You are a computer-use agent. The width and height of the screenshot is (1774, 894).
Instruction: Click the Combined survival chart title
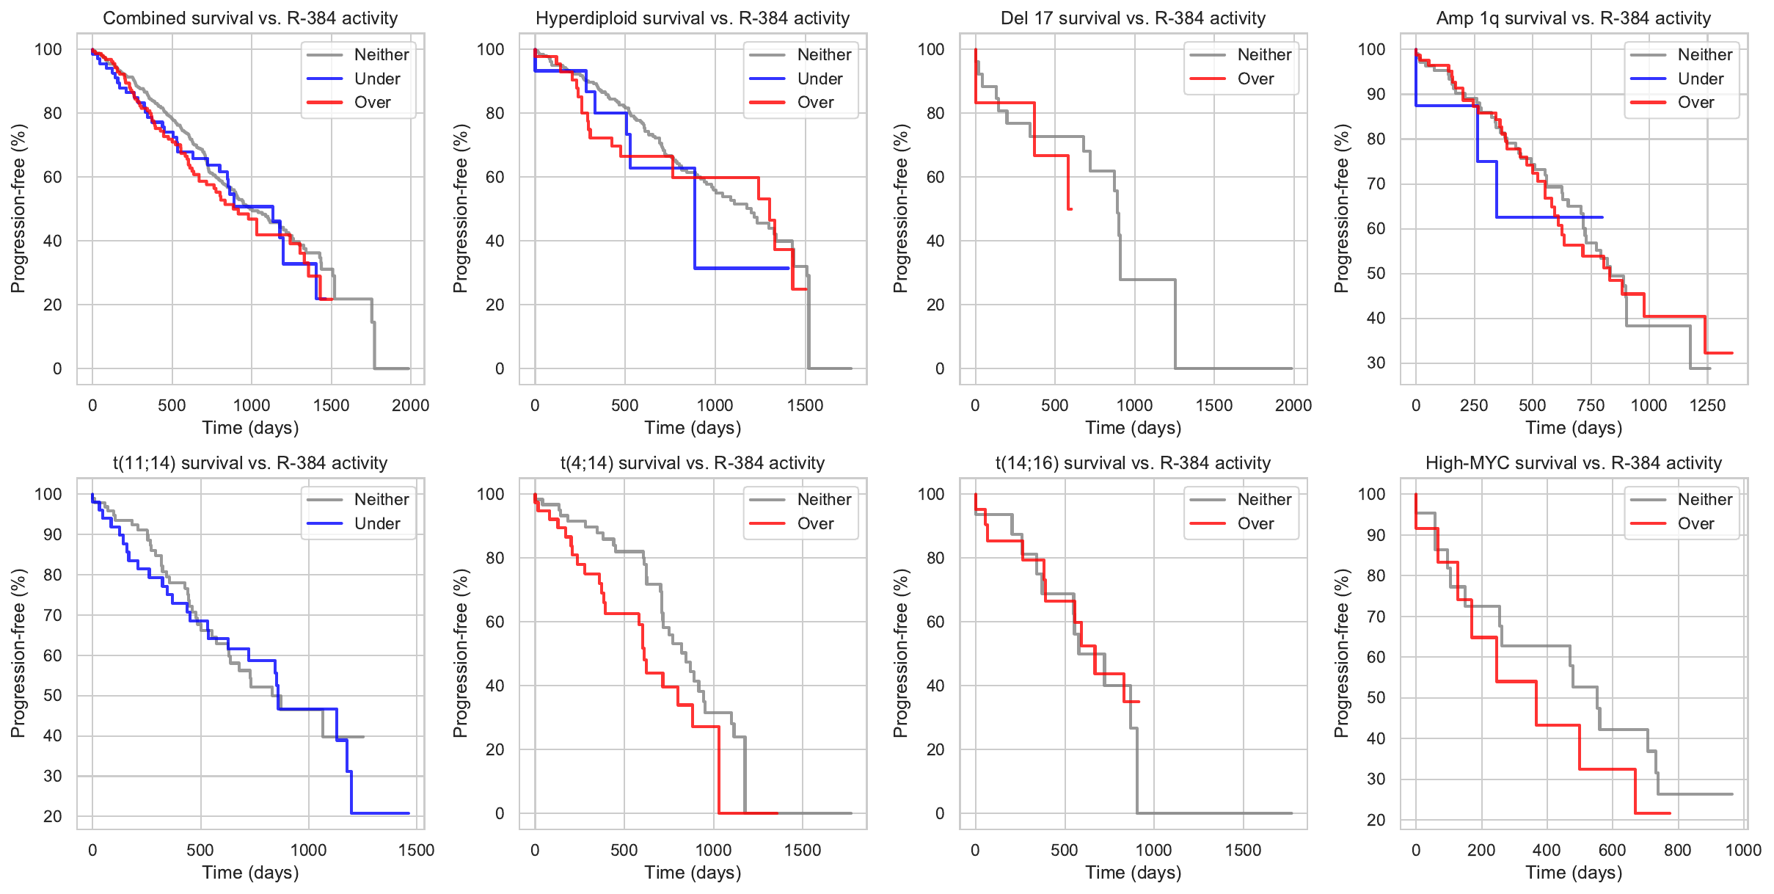tap(250, 18)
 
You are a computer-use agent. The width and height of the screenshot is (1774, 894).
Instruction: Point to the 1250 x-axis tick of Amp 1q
tap(1707, 406)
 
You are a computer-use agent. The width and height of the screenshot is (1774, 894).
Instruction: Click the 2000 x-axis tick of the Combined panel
tap(410, 406)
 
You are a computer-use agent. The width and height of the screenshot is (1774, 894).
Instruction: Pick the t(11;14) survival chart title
tap(250, 463)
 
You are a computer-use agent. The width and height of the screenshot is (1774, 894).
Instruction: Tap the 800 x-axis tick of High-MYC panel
tap(1678, 851)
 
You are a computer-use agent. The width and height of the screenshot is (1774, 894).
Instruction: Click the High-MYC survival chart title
tap(1573, 463)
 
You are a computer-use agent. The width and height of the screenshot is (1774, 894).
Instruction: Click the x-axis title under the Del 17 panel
tap(1133, 428)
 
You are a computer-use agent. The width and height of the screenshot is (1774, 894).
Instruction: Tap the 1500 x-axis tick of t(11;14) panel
tap(417, 851)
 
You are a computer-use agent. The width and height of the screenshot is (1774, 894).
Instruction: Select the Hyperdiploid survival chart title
tap(692, 18)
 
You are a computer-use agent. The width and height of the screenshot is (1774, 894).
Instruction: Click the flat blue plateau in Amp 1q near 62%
tap(1548, 217)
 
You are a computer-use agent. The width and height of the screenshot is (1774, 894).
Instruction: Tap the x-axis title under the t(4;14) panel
tap(692, 873)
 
